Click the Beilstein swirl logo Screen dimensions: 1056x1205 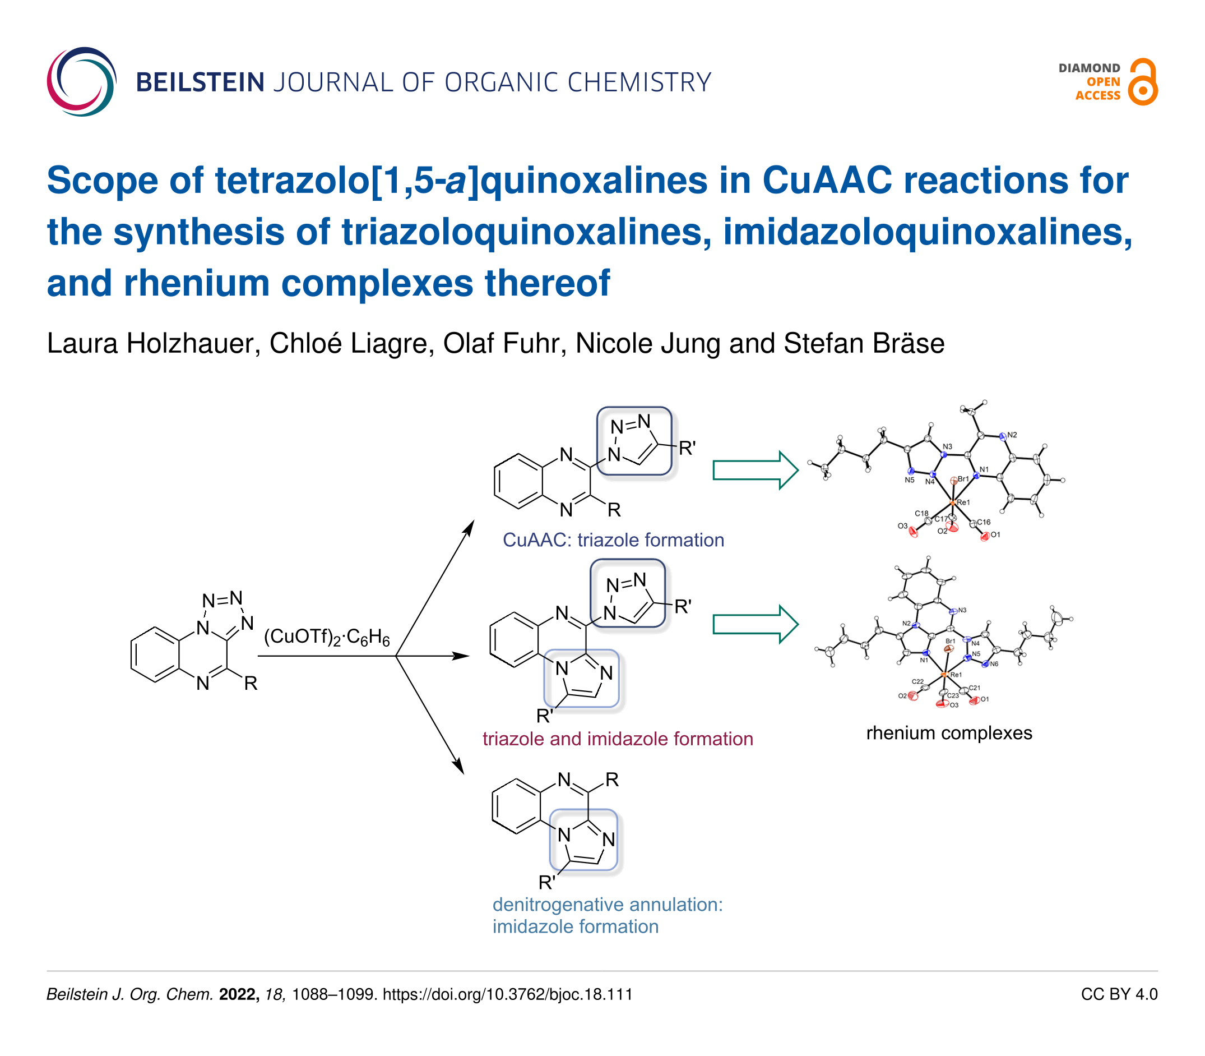pos(81,81)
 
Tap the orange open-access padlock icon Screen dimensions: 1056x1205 pos(1142,82)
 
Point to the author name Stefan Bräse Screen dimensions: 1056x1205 pos(864,344)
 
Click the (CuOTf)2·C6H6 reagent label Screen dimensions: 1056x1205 pos(327,638)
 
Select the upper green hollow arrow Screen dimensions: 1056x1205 pos(754,471)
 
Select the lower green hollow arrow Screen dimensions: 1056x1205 pos(754,624)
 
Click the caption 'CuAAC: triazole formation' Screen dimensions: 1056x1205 pos(613,540)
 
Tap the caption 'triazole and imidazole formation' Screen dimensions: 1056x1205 pos(617,739)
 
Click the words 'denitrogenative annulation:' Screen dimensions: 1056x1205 pos(607,905)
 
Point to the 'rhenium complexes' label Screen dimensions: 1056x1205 pos(949,733)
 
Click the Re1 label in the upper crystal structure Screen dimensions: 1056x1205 pos(963,502)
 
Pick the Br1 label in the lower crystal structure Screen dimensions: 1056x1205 pos(950,641)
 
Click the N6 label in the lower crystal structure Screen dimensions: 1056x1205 pos(994,664)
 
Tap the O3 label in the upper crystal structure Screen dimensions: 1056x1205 pos(902,525)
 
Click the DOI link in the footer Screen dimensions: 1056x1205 pos(508,995)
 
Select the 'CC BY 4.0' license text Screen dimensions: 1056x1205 pos(1119,995)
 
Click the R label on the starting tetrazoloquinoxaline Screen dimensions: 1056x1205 pos(251,684)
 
